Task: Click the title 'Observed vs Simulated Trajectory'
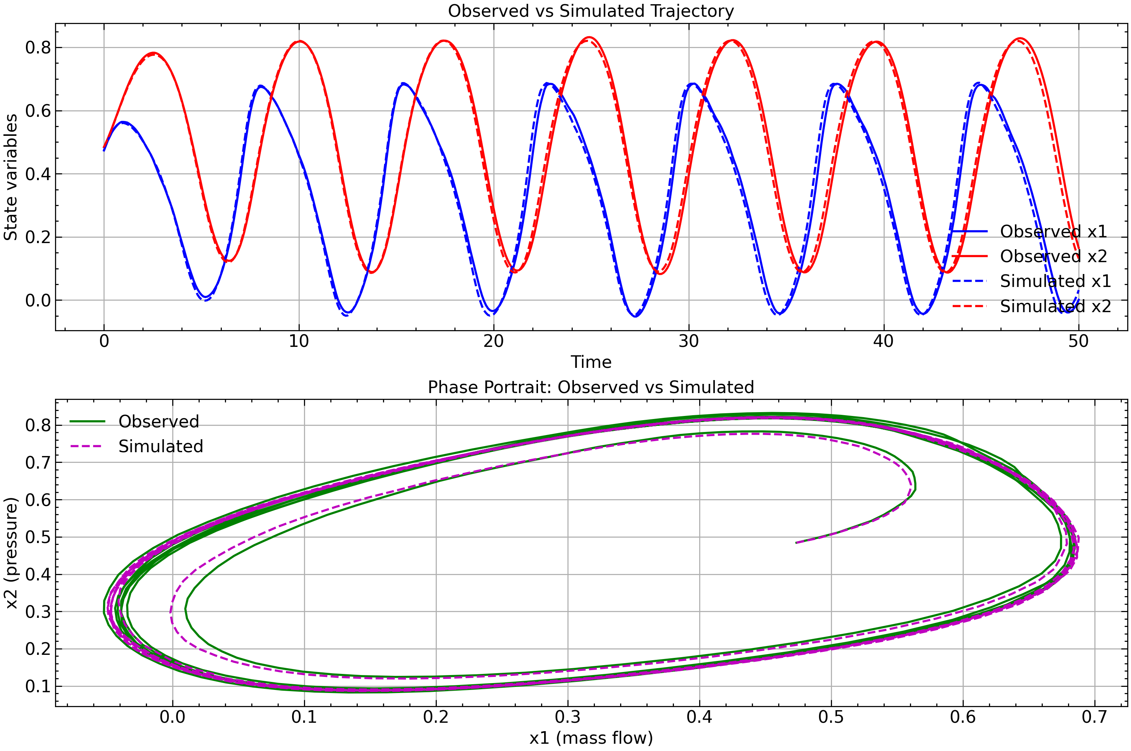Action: [x=590, y=11]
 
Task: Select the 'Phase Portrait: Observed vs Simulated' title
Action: [x=590, y=387]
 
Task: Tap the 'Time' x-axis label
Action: [x=590, y=362]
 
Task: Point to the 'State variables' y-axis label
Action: [x=11, y=177]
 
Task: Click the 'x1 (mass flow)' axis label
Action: [x=590, y=738]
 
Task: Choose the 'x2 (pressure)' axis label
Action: [x=11, y=553]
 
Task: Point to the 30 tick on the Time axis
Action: [x=689, y=342]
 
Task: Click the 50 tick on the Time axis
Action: [x=1079, y=342]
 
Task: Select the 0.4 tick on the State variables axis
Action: [x=38, y=174]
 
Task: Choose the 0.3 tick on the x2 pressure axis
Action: [x=38, y=612]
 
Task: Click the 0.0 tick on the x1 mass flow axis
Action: [x=173, y=717]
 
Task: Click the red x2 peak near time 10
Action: [x=299, y=41]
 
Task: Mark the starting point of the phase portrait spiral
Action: [x=796, y=543]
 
